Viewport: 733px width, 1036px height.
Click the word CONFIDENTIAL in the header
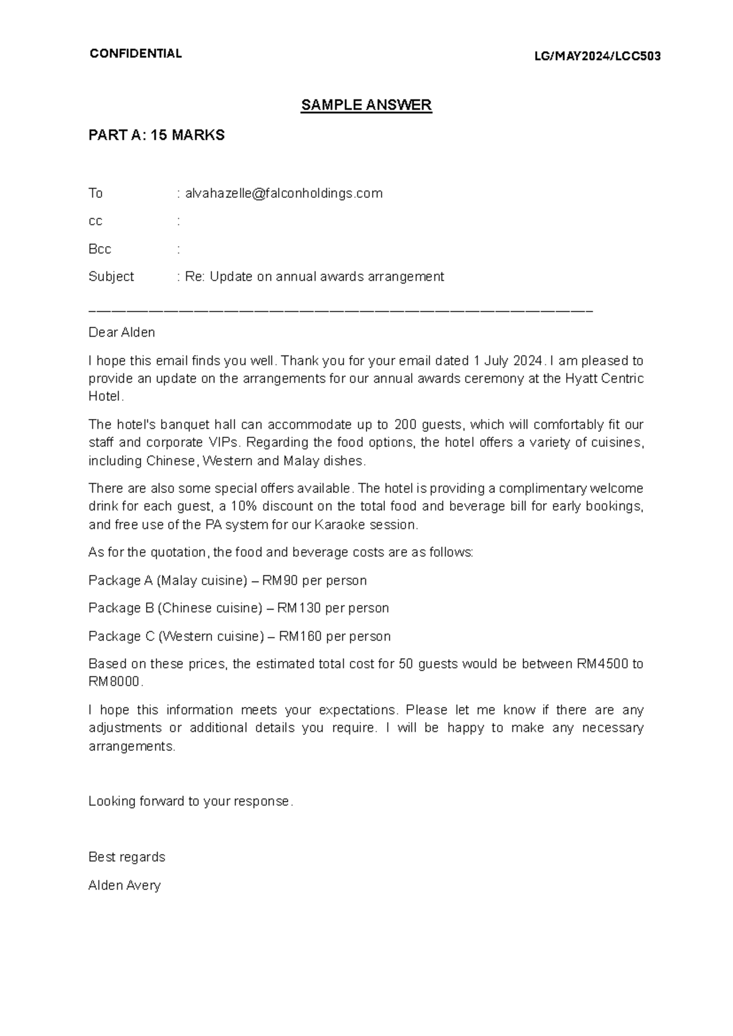135,54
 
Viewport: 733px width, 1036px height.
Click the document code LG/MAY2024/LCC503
597,57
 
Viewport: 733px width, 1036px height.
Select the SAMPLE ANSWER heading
366,105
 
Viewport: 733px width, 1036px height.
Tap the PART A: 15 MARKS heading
156,136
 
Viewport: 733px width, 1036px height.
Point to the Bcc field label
100,249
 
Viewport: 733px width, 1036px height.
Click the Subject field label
111,277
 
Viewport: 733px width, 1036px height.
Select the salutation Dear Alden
122,333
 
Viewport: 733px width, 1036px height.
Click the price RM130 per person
299,608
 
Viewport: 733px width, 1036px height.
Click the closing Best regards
126,858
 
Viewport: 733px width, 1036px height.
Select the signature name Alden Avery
124,886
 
